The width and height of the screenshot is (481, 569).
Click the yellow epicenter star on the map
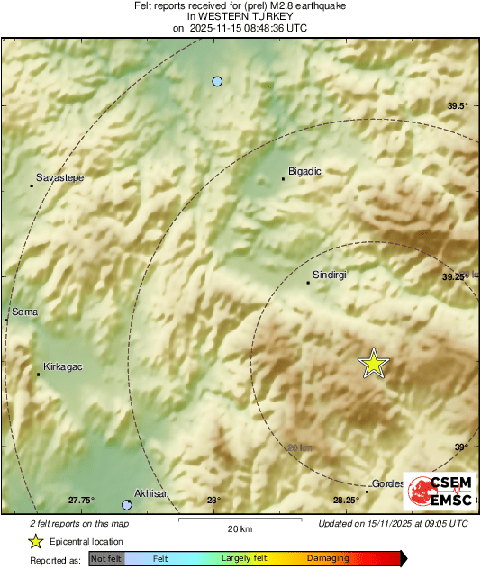373,364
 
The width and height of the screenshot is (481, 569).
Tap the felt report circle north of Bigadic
217,82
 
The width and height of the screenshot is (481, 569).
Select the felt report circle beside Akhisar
127,505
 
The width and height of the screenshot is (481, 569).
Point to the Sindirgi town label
329,275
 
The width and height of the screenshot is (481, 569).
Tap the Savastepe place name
59,178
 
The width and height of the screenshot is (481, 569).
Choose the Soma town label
25,312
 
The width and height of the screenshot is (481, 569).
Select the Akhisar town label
151,494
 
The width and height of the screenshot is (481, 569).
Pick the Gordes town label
389,483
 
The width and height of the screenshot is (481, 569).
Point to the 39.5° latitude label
458,106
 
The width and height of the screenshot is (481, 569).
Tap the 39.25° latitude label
456,277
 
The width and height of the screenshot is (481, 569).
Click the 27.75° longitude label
81,501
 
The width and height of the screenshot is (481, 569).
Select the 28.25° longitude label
346,501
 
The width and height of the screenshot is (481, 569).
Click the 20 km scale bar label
239,528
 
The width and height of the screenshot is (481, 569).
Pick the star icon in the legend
35,541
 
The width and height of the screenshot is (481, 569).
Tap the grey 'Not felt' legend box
105,559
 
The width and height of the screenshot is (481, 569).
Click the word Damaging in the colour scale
328,559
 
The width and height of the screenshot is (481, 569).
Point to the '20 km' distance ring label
299,447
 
